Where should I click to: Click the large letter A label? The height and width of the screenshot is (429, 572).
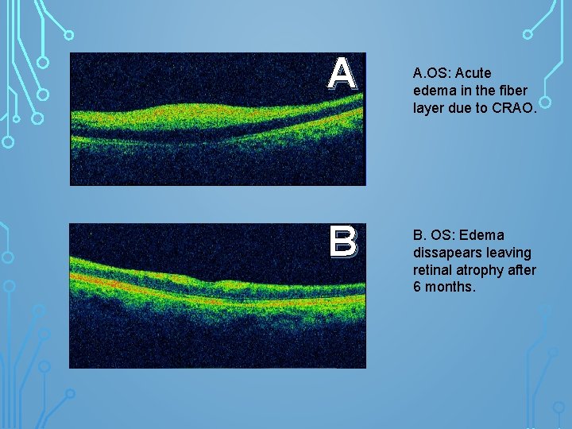pos(342,75)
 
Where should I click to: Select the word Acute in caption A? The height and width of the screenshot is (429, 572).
pos(474,72)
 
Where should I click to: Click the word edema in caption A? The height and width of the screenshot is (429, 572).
pos(433,90)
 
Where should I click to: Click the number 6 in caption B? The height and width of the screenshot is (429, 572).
pos(417,288)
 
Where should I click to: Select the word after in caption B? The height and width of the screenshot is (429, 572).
pos(522,270)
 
